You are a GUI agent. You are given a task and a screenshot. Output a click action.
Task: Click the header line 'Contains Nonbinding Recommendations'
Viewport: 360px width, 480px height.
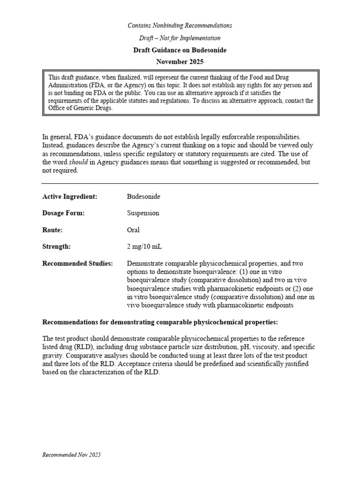tap(180, 25)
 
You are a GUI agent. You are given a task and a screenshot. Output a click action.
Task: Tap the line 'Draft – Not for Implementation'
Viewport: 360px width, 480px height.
tap(180, 38)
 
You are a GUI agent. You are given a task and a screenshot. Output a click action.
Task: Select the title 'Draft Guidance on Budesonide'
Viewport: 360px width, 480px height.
tap(180, 50)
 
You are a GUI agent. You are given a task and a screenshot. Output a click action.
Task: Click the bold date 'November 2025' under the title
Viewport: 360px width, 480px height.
tap(180, 62)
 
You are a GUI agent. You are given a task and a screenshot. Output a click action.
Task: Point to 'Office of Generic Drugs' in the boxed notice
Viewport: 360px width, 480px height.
tap(80, 108)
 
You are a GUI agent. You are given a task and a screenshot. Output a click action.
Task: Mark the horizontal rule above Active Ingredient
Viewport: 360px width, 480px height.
tap(180, 183)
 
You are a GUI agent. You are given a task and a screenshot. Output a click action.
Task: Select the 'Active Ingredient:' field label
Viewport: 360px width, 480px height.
tap(70, 196)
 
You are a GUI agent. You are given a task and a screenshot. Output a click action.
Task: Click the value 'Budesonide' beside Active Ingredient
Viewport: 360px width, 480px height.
tap(143, 196)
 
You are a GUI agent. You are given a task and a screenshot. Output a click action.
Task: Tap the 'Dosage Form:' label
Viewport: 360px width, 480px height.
tap(63, 213)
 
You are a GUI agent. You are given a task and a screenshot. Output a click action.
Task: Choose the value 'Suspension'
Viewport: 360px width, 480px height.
tap(143, 213)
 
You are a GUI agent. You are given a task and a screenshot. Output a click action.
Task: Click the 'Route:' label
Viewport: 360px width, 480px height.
tap(52, 230)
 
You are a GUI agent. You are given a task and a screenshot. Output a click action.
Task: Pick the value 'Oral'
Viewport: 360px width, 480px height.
tap(133, 230)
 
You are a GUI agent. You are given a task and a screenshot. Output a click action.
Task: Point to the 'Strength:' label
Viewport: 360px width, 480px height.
tap(57, 247)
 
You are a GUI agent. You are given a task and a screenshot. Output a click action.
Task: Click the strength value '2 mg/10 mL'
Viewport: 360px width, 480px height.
tap(144, 247)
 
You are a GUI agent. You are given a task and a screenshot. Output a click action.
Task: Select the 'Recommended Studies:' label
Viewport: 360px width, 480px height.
tap(78, 263)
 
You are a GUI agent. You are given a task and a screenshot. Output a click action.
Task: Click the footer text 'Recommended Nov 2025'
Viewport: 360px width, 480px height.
tap(71, 455)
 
